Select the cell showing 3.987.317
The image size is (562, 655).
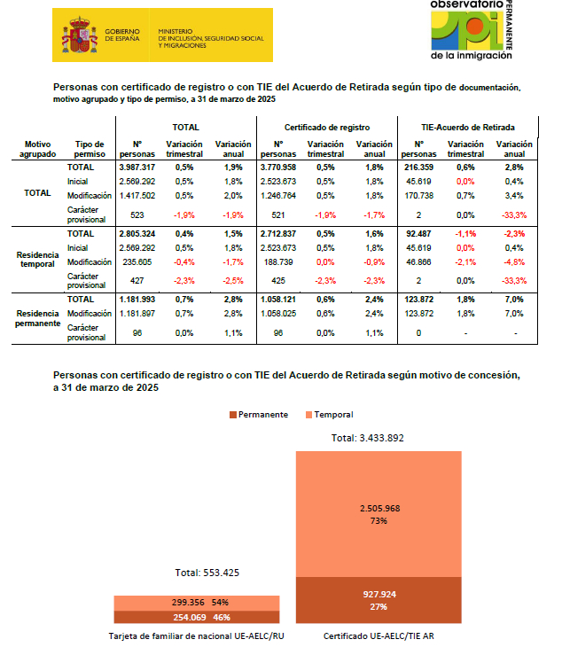coord(137,167)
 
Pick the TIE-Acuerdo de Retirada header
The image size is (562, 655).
coord(468,128)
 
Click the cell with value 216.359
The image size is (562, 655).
coord(419,167)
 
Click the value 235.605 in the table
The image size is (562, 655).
coord(137,261)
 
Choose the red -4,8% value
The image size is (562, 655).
coord(513,261)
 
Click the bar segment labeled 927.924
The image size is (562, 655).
coord(379,600)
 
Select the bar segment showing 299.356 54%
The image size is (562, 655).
coord(197,602)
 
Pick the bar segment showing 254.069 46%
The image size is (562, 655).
coord(197,617)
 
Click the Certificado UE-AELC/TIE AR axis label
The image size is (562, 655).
coord(379,636)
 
